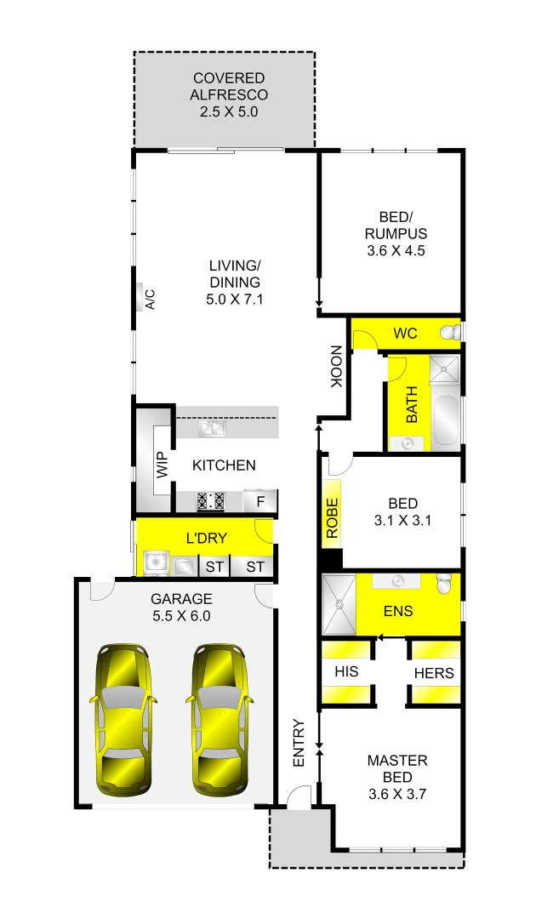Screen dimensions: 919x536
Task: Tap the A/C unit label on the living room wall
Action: coord(149,300)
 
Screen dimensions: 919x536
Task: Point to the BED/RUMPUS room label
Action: coord(396,225)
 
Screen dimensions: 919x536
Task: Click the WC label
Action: coord(406,334)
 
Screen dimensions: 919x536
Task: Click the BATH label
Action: coord(412,406)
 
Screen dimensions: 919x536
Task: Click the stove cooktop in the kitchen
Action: coord(210,500)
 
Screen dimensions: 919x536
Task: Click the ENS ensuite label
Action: coord(398,610)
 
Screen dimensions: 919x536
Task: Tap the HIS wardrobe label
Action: coord(346,671)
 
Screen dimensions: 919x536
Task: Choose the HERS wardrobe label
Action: coord(434,673)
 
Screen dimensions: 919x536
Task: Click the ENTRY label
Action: coord(299,744)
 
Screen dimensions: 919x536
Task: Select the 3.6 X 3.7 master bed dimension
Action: coord(397,795)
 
